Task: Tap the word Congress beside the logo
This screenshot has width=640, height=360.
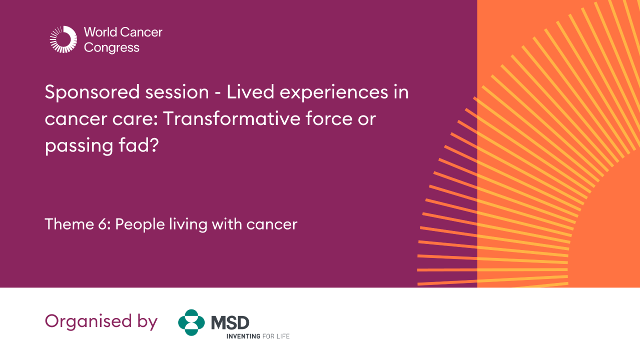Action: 112,48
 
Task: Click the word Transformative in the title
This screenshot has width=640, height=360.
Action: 227,119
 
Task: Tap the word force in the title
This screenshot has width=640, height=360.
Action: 322,119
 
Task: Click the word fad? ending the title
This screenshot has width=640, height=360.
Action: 139,146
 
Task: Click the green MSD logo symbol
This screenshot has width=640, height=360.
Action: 191,322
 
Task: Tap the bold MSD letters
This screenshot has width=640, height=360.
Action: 230,322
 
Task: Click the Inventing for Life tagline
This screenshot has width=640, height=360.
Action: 258,336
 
